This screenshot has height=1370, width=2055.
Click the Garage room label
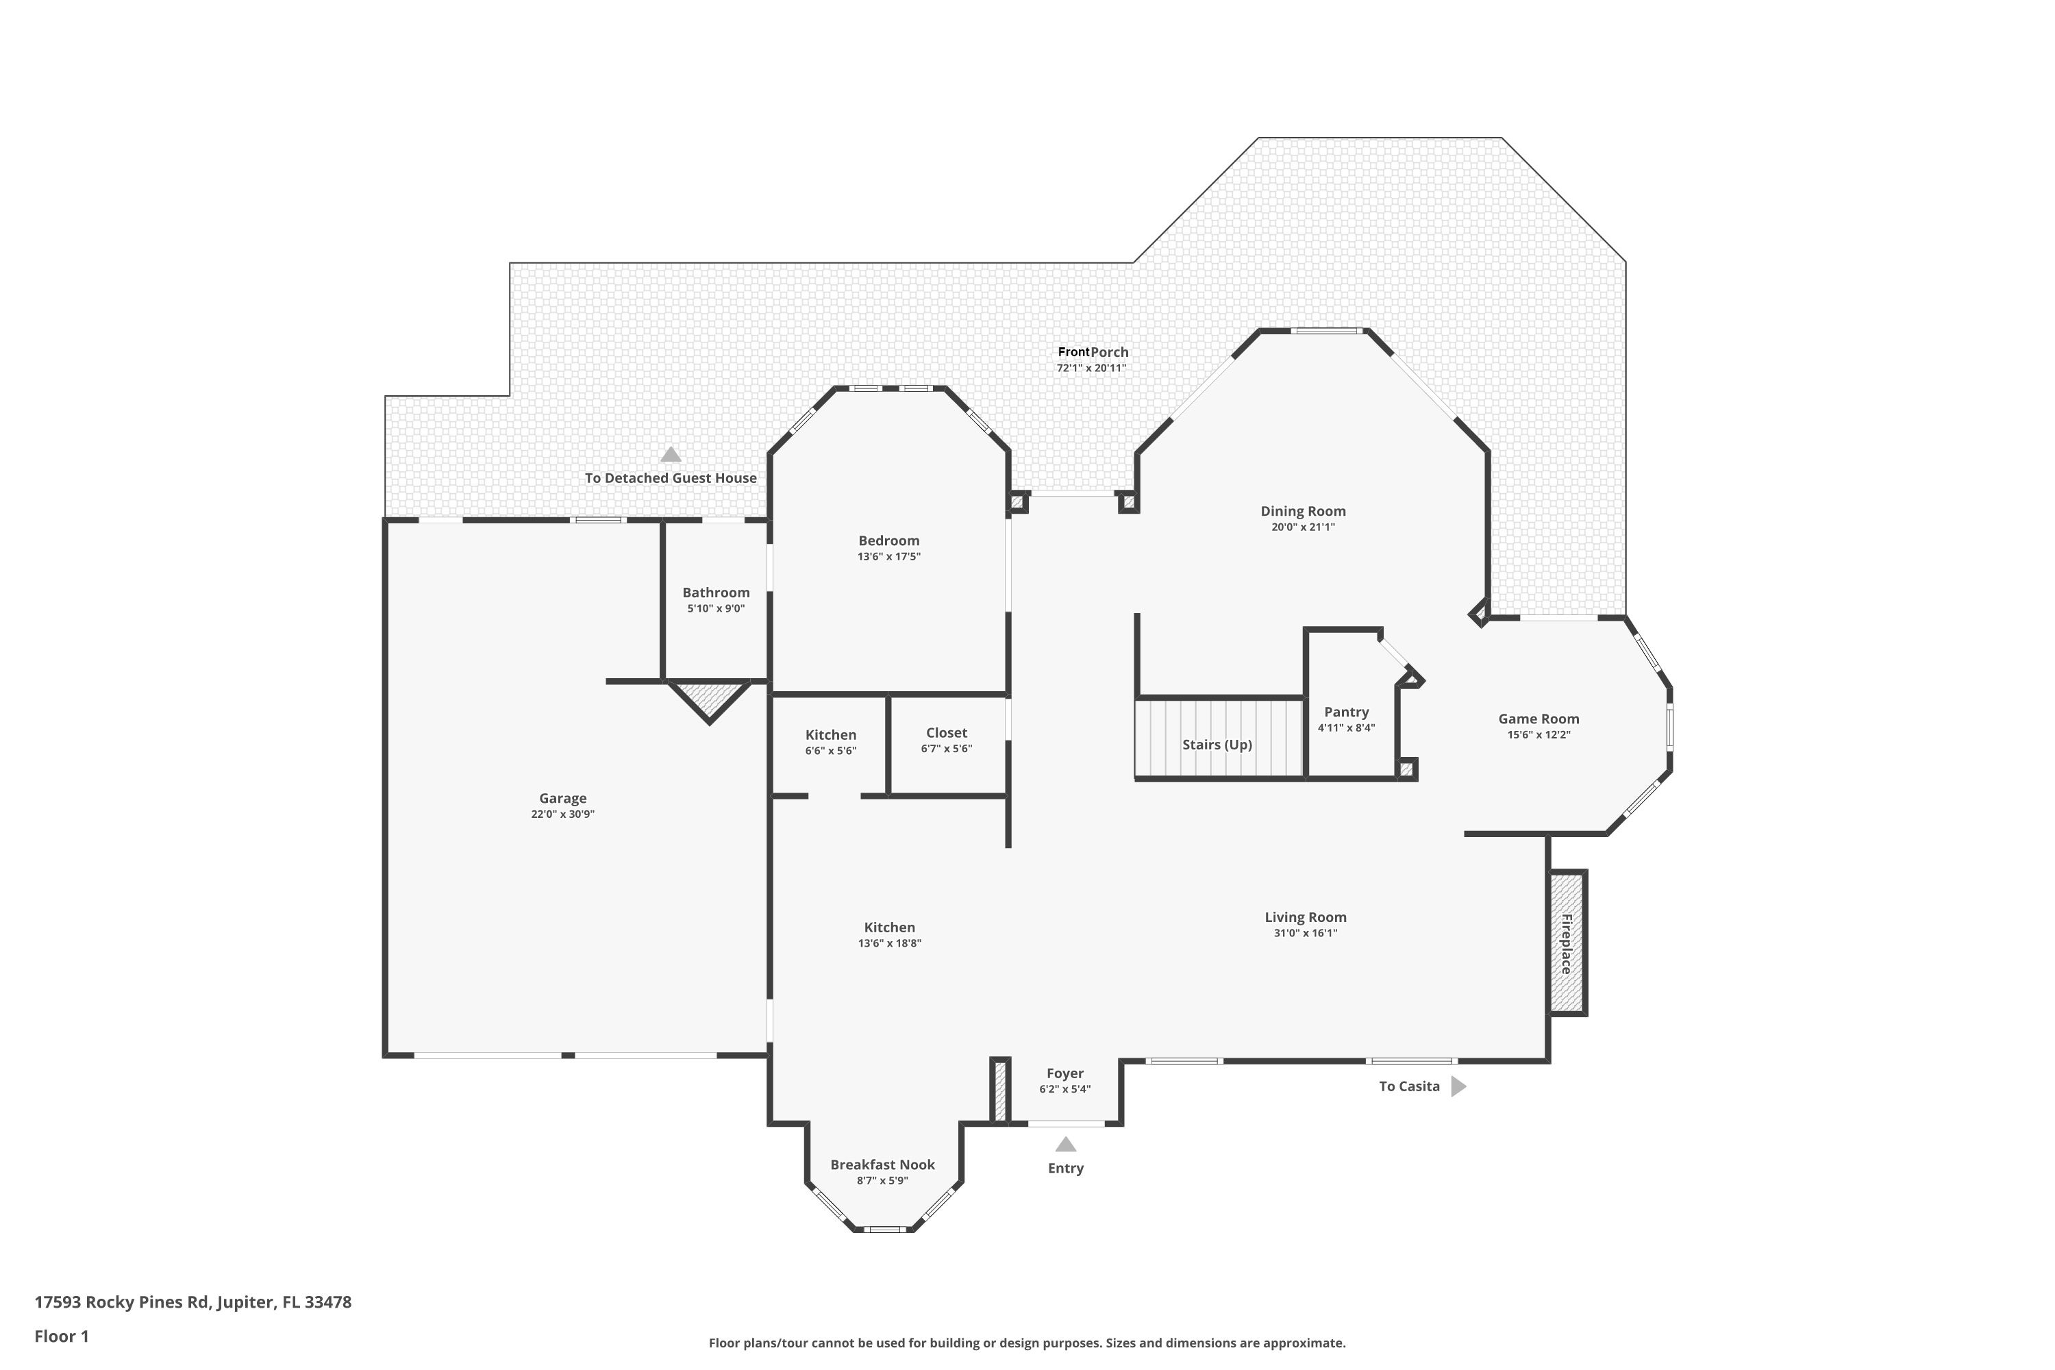tap(562, 798)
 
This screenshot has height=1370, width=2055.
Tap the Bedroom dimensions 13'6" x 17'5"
tap(888, 556)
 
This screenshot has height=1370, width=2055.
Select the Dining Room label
tap(1303, 511)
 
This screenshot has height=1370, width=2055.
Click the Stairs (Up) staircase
tap(1219, 738)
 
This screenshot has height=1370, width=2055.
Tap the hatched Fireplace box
tap(1567, 943)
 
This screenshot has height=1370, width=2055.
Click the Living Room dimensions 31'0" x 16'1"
tap(1306, 933)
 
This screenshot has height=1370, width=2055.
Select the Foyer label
tap(1065, 1073)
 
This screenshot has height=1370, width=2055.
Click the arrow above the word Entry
tap(1065, 1144)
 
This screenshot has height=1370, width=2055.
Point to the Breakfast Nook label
tap(882, 1164)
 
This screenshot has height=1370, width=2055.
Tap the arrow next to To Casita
tap(1458, 1086)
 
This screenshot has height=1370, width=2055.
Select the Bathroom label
tap(716, 593)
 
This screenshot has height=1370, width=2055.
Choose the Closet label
tap(946, 732)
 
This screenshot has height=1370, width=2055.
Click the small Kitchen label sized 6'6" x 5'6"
tap(831, 735)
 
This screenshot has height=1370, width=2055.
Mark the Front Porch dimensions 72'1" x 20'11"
tap(1091, 368)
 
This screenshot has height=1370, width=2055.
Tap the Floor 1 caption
tap(61, 1336)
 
